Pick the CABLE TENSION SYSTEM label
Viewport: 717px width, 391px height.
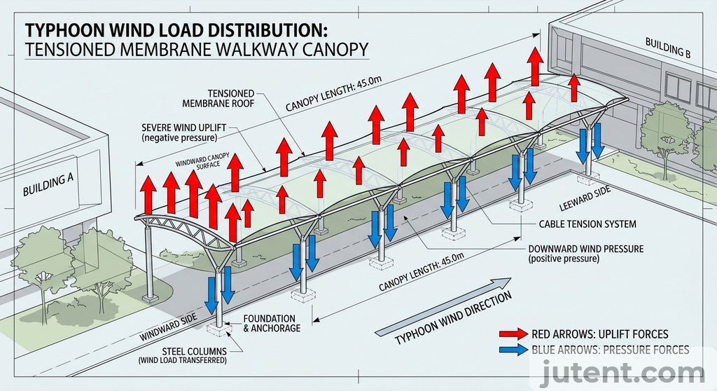click(x=588, y=224)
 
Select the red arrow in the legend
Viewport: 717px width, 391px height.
click(x=513, y=334)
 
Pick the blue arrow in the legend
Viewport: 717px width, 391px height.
click(x=513, y=350)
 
